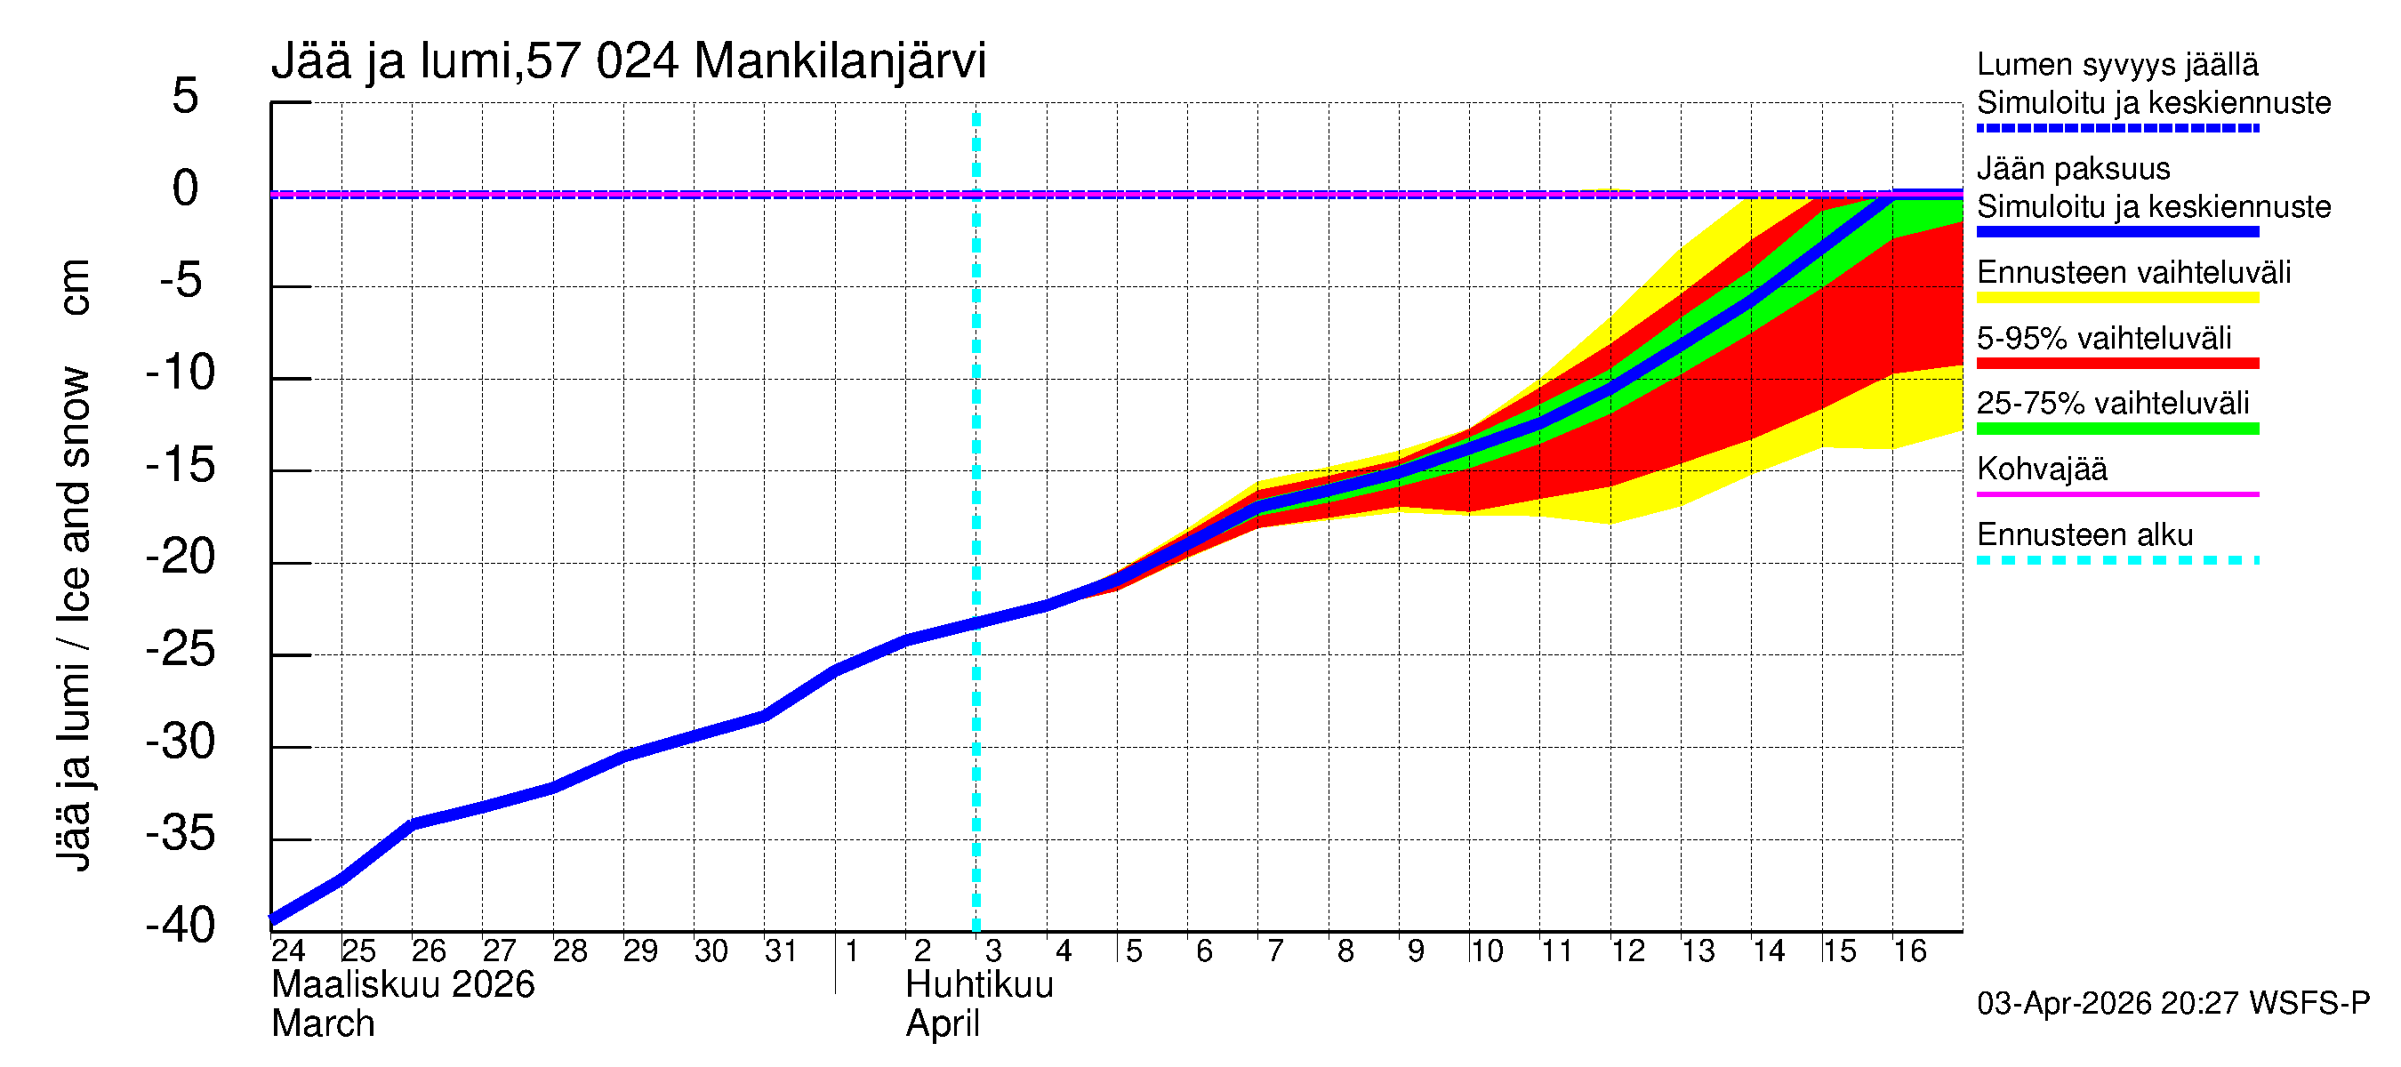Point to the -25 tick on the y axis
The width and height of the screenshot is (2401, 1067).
click(x=180, y=651)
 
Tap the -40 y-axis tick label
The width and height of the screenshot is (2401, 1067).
click(x=180, y=926)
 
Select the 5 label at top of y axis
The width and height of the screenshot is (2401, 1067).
click(x=185, y=97)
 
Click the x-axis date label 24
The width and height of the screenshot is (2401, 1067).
click(x=288, y=951)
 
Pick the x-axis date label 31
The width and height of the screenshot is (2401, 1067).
click(x=780, y=951)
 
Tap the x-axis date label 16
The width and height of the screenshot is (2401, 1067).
click(x=1909, y=951)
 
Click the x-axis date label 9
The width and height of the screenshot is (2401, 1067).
click(x=1415, y=951)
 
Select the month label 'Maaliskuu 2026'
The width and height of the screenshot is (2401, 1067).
click(x=403, y=985)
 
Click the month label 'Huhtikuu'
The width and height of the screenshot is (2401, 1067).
click(x=979, y=985)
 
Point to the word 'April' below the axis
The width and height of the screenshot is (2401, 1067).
click(x=943, y=1024)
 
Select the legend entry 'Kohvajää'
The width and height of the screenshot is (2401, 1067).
click(x=2041, y=469)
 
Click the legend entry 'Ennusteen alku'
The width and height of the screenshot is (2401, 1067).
click(x=2084, y=535)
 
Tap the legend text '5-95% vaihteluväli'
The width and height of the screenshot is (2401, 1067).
click(x=2104, y=338)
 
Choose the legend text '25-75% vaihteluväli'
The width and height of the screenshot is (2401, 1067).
click(x=2112, y=404)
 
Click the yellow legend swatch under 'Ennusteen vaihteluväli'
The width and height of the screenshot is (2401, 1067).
click(x=2116, y=298)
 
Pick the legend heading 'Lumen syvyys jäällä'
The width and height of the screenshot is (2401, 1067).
click(x=2116, y=65)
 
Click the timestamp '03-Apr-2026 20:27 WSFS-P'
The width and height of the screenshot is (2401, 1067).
click(x=2172, y=1004)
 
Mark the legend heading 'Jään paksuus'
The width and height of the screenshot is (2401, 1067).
click(x=2073, y=169)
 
